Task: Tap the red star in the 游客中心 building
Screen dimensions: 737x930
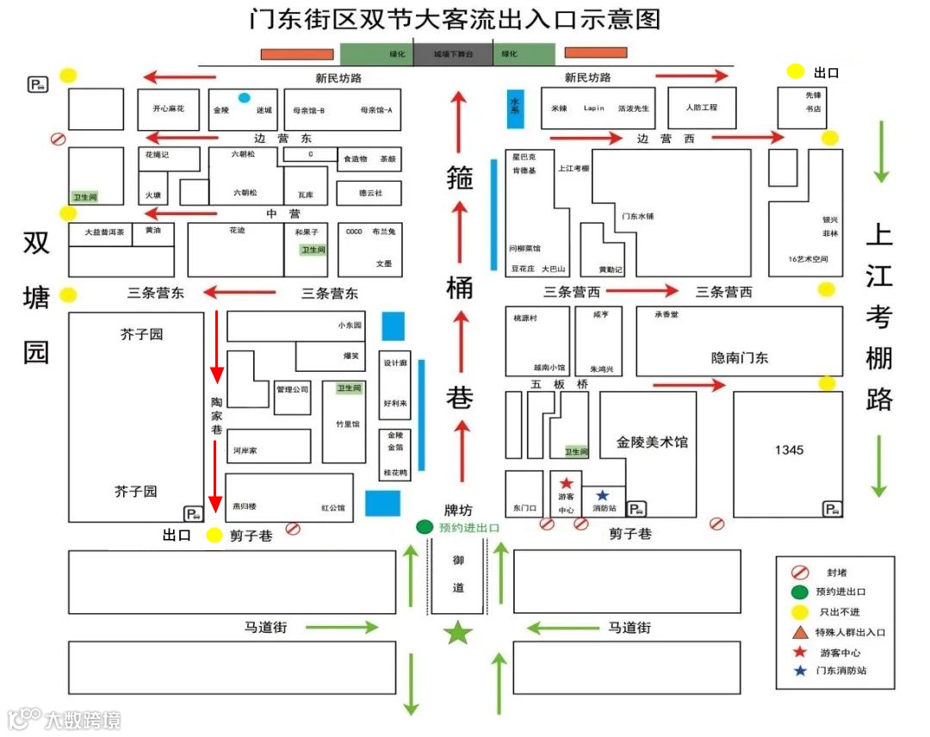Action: [x=567, y=484]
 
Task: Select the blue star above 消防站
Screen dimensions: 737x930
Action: [x=602, y=495]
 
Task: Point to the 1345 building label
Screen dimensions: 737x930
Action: [x=789, y=450]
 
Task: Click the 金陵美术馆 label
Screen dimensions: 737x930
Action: [x=652, y=443]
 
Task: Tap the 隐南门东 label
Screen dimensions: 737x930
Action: [x=740, y=357]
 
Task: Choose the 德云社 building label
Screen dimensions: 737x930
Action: [x=370, y=193]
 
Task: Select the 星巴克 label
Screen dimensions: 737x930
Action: [x=524, y=157]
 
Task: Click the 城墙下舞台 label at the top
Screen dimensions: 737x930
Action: [x=453, y=54]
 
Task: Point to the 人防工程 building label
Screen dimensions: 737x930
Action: [x=702, y=108]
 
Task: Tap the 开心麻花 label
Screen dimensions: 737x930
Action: [x=169, y=109]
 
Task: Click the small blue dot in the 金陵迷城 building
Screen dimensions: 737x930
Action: [x=245, y=97]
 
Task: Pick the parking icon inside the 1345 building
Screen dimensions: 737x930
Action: [x=833, y=509]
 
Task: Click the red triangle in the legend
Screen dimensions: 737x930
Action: [x=797, y=631]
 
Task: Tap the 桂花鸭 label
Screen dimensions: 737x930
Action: [x=394, y=474]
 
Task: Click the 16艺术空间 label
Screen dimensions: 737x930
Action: [x=808, y=259]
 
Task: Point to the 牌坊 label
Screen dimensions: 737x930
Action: [x=458, y=510]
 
